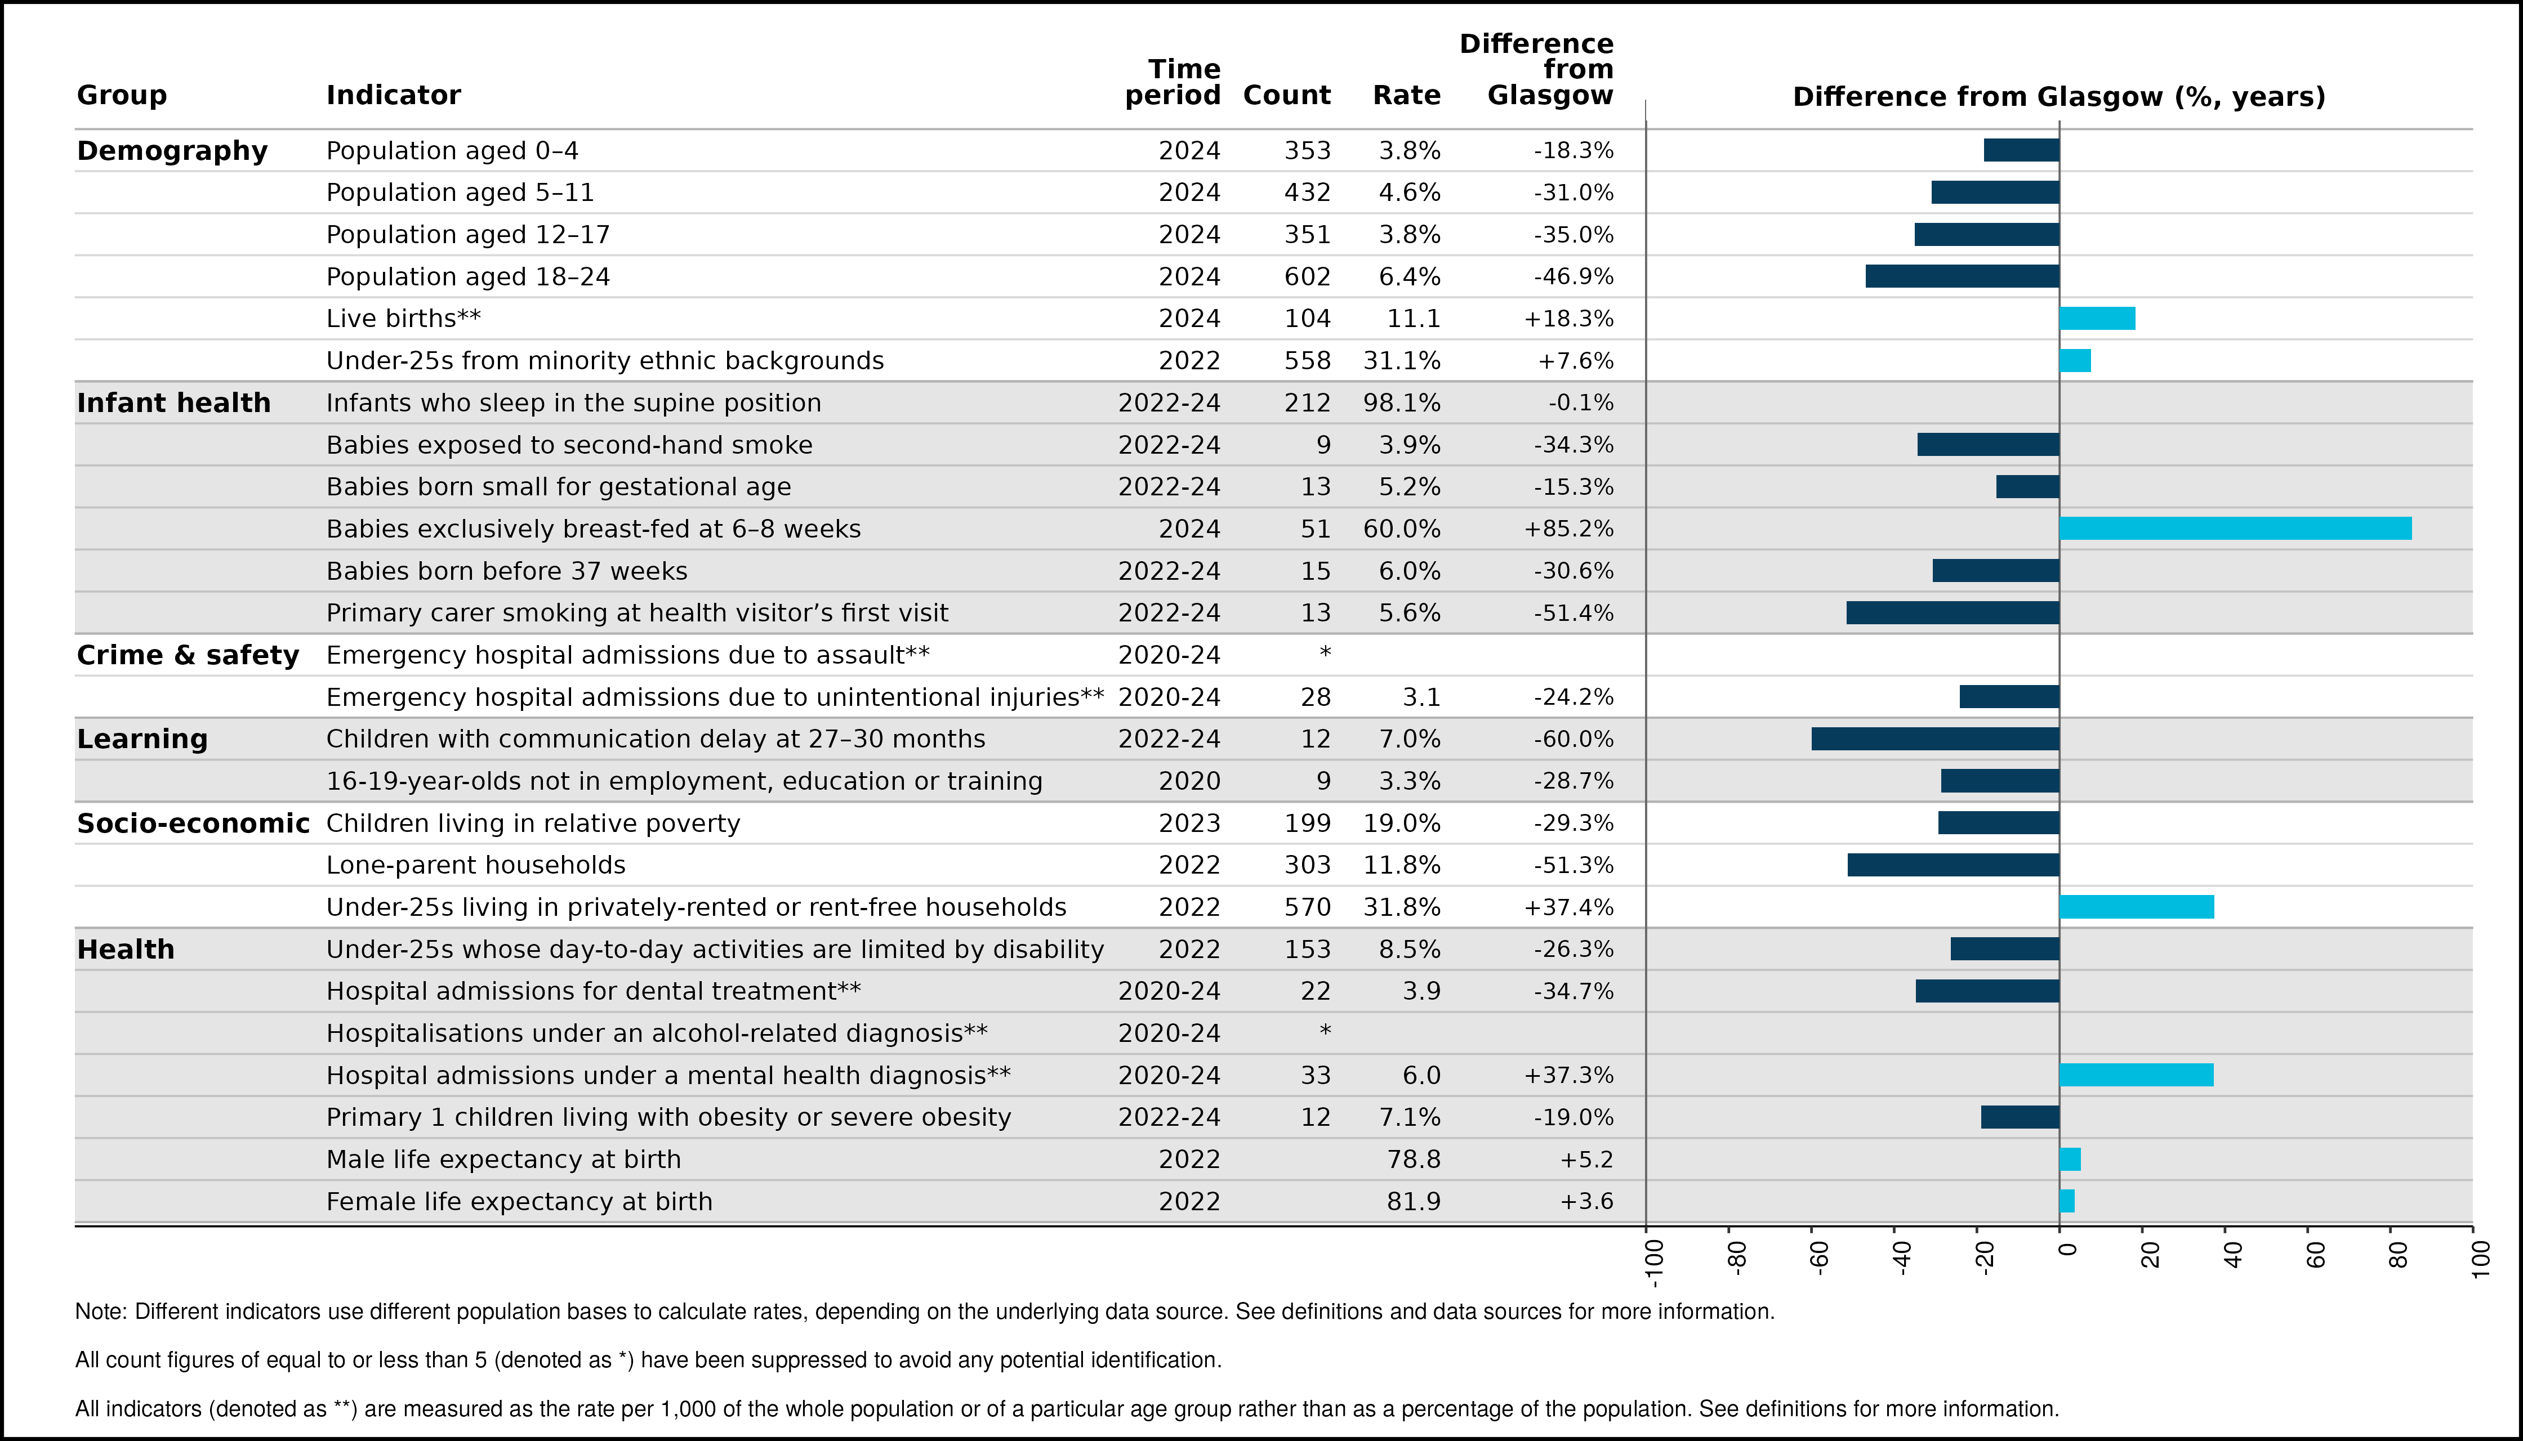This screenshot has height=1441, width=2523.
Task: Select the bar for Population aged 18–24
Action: [1963, 276]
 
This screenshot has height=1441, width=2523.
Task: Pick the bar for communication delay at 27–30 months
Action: [1936, 739]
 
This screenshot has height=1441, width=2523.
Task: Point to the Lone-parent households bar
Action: [1954, 865]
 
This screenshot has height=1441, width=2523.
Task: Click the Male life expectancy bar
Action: [2070, 1159]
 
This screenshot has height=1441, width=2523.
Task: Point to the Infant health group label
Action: [173, 403]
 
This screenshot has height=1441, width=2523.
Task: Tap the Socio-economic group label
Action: [193, 824]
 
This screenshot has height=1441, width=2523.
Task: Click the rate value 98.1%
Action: [1402, 403]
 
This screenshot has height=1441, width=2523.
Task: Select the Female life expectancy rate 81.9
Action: [1414, 1202]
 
